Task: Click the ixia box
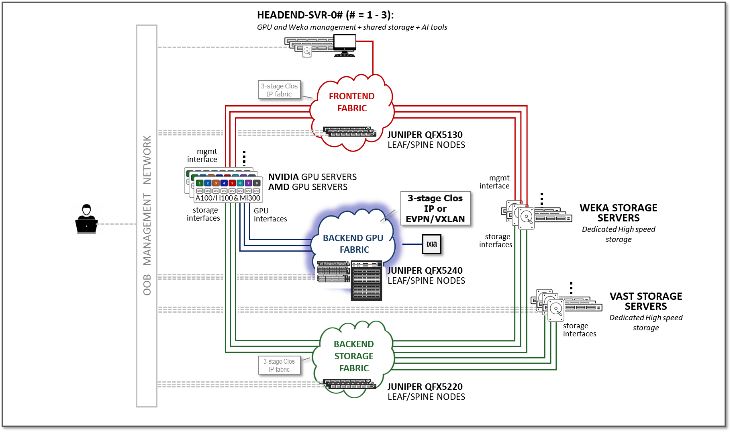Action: (x=432, y=244)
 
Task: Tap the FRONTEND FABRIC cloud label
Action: (x=352, y=102)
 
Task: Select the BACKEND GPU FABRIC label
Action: (x=353, y=244)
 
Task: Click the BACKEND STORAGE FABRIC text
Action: (x=354, y=356)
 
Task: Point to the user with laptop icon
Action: (x=86, y=219)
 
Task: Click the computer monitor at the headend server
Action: (x=345, y=44)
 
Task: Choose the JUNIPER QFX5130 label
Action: (x=425, y=135)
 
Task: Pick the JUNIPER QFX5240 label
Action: (x=425, y=270)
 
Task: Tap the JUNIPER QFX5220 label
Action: (x=425, y=387)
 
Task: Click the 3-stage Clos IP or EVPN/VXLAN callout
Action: (x=435, y=208)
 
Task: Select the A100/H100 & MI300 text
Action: (x=228, y=198)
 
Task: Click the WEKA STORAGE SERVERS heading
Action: (x=618, y=213)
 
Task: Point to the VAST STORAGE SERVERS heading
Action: (x=645, y=301)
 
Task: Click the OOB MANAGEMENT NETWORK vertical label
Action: (x=147, y=215)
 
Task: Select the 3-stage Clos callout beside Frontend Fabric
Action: (x=279, y=90)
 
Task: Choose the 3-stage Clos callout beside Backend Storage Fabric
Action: (x=279, y=365)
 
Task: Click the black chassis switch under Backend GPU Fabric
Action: (x=366, y=281)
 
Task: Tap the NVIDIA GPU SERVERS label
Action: (x=312, y=177)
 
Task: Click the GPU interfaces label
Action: (x=270, y=215)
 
